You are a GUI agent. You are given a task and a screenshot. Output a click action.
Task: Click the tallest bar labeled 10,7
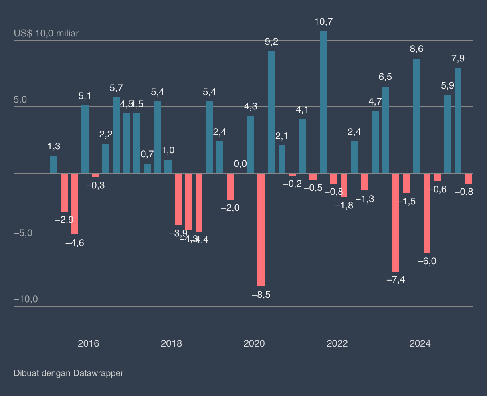coord(323,102)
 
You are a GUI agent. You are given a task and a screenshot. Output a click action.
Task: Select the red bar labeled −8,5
coord(261,230)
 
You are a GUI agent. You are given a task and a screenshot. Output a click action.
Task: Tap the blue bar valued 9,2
coord(271,112)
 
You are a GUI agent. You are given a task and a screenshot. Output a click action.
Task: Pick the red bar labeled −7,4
coord(396,222)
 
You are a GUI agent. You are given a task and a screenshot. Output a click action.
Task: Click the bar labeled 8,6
coord(416,116)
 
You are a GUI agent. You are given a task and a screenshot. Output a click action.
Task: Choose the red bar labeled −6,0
coord(427,213)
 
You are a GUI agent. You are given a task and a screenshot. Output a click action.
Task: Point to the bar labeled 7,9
coord(458,121)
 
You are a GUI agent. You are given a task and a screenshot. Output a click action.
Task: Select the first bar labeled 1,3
coord(54,164)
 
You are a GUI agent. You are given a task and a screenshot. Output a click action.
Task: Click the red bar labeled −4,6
coord(75,204)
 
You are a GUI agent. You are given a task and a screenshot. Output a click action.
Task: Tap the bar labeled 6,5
coord(385,130)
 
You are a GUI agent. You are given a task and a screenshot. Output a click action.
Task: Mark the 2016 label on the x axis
coord(88,343)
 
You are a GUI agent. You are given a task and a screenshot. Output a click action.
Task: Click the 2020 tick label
coord(254,343)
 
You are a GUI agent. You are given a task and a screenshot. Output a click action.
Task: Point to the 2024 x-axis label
coord(420,343)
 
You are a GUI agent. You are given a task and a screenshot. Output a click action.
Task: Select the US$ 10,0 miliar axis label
coord(46,33)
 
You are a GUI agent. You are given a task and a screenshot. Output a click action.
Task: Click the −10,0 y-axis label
coord(26,299)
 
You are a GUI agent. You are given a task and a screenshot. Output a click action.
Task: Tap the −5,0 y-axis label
coord(23,233)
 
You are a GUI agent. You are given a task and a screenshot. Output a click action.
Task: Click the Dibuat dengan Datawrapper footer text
coord(69,373)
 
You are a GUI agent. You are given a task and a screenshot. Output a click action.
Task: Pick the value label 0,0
coord(240,164)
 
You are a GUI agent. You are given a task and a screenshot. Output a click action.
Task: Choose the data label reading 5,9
coord(447,85)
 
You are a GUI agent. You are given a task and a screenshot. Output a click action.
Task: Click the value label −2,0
coord(230,208)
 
